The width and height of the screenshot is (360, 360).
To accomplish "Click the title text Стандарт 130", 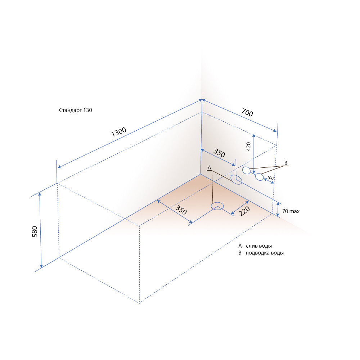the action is pyautogui.click(x=76, y=110).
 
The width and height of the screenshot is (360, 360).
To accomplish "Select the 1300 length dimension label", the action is pyautogui.click(x=119, y=132).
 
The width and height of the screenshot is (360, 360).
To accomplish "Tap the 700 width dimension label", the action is pyautogui.click(x=247, y=112).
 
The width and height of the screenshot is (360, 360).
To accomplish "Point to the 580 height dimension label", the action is pyautogui.click(x=35, y=231).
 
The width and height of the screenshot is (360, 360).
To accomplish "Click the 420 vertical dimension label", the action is pyautogui.click(x=248, y=147).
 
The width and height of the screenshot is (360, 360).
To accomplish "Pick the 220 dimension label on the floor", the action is pyautogui.click(x=244, y=211).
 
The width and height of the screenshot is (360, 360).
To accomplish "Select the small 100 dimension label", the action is pyautogui.click(x=270, y=178).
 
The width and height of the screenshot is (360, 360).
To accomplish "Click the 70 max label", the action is pyautogui.click(x=291, y=211).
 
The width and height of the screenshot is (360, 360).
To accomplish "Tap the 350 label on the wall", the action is pyautogui.click(x=219, y=153).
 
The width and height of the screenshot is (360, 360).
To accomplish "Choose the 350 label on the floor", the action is pyautogui.click(x=181, y=210).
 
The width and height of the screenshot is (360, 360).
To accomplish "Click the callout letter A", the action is pyautogui.click(x=209, y=168).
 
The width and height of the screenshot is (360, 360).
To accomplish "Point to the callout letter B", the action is pyautogui.click(x=286, y=163).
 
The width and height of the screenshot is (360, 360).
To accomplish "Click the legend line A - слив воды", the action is pyautogui.click(x=255, y=246).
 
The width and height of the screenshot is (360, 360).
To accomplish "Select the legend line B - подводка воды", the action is pyautogui.click(x=261, y=253).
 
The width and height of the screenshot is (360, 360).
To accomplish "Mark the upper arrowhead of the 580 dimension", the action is pyautogui.click(x=40, y=195).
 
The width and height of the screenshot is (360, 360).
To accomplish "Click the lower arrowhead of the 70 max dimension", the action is pyautogui.click(x=278, y=215).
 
